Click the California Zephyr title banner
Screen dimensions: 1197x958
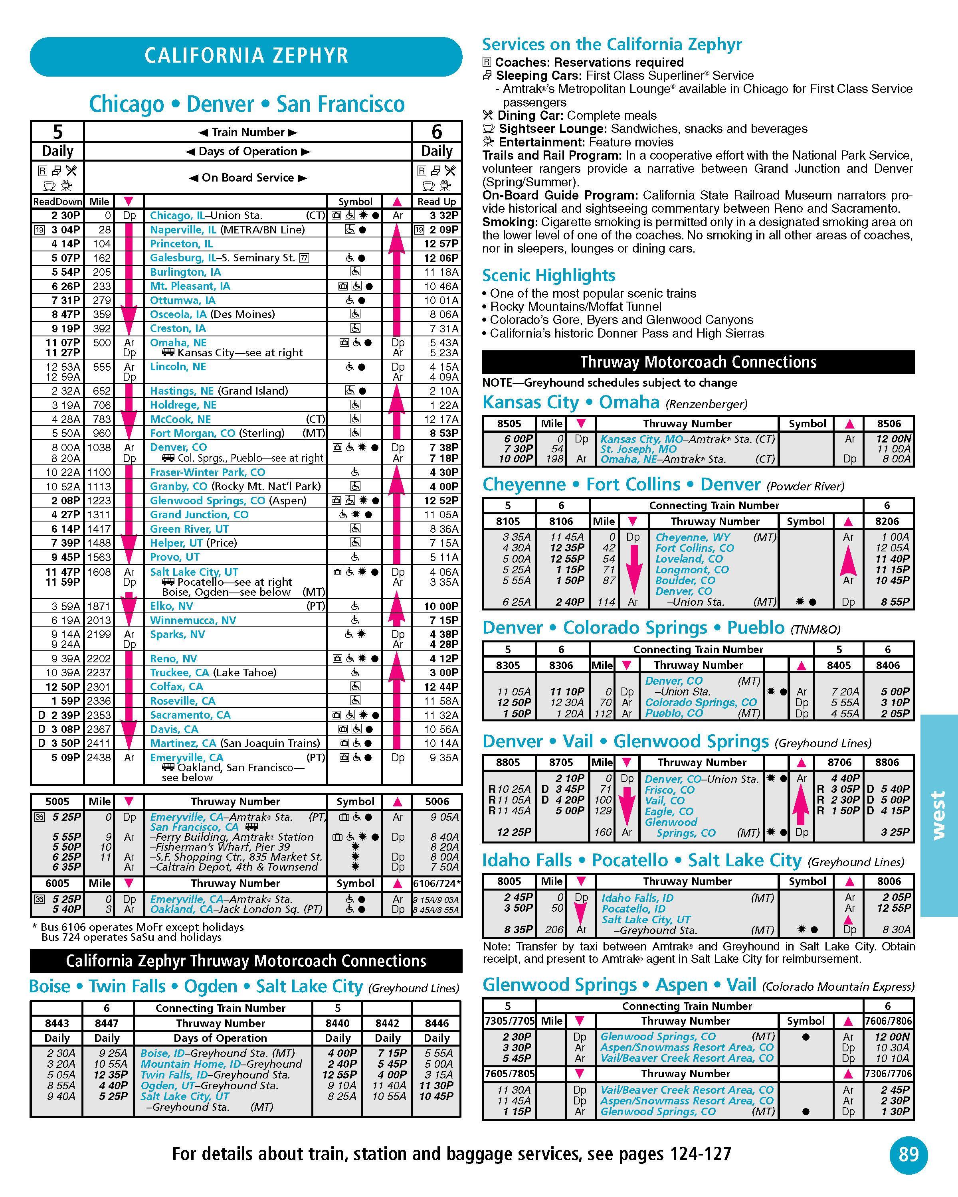click(246, 56)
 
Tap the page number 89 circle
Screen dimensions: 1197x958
click(909, 1154)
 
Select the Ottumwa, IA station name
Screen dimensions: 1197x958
click(183, 300)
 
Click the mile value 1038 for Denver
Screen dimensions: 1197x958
click(99, 448)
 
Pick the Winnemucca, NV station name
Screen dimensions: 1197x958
click(193, 620)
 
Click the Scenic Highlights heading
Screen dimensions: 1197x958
click(548, 275)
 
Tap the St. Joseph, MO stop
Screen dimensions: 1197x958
click(638, 449)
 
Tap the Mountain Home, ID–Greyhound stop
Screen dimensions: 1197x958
click(220, 1064)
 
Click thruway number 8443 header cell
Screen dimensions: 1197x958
click(57, 1023)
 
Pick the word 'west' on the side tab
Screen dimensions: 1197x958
click(938, 816)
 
